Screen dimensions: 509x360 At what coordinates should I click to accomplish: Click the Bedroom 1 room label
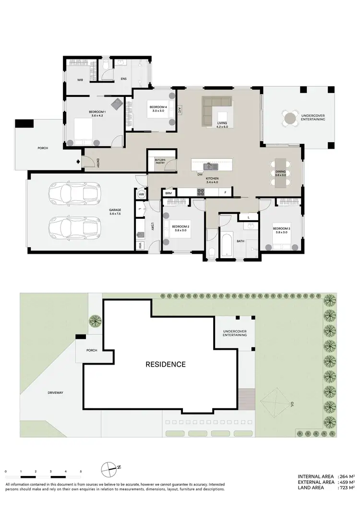tap(96, 113)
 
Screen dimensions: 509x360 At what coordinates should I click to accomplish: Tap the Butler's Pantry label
tap(160, 161)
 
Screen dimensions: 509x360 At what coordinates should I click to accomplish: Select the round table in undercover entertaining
tap(290, 118)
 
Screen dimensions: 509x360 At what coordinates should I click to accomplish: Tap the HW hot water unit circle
tap(142, 194)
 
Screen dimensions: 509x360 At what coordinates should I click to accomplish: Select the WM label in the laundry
tap(140, 245)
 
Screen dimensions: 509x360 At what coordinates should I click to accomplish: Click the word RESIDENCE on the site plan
tap(165, 364)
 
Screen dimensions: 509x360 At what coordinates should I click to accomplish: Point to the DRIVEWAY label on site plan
tap(56, 392)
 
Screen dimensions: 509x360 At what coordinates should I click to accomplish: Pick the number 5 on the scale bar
tap(81, 472)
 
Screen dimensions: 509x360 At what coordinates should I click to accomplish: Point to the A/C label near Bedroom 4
tap(179, 110)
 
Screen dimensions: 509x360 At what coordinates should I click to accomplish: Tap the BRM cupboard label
tap(168, 193)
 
